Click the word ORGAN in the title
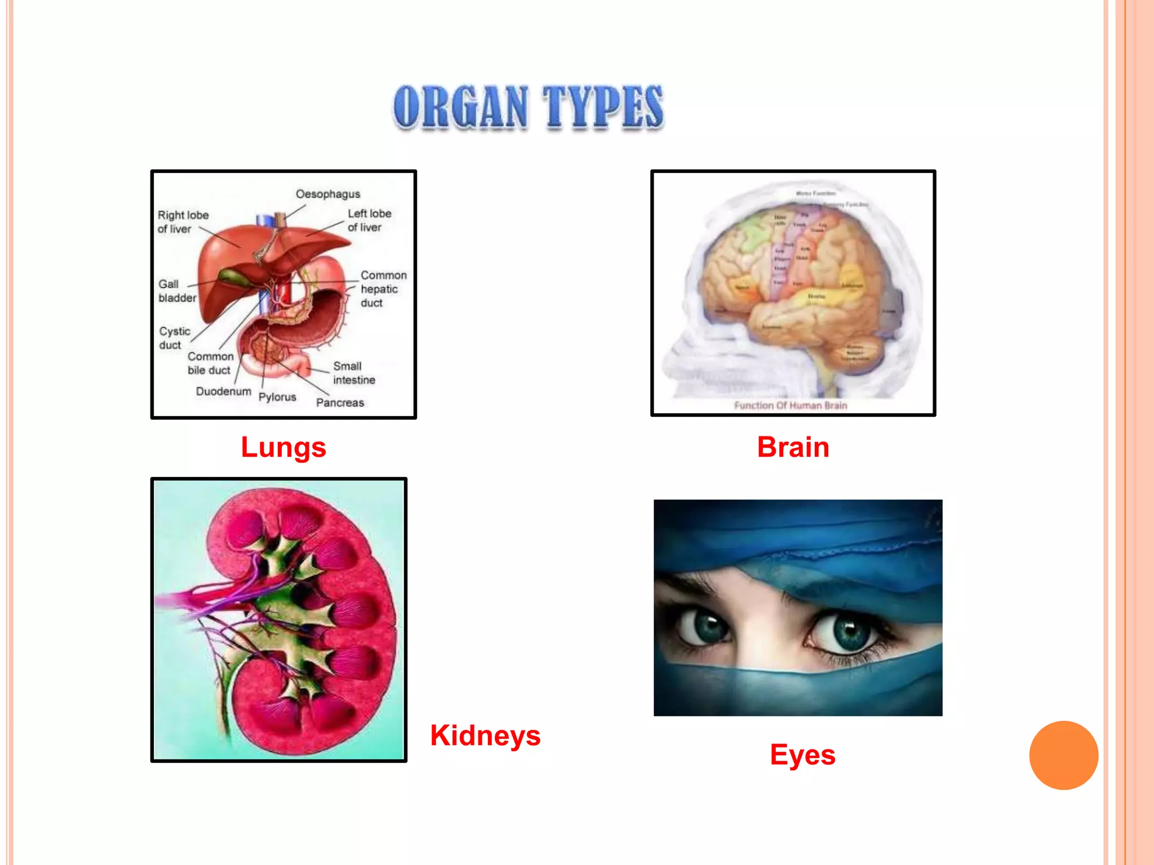pos(461,107)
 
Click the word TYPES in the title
pos(603,107)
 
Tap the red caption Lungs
pos(283,448)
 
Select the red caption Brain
pos(793,448)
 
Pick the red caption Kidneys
pos(485,735)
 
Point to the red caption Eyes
pos(802,755)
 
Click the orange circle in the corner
pos(1063,755)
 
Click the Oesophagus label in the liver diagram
pos(328,194)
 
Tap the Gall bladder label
pos(177,291)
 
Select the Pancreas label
pos(340,403)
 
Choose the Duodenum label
pos(223,391)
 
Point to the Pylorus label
pos(277,397)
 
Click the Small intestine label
pos(354,373)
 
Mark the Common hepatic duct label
pos(383,289)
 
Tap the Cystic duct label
pos(174,338)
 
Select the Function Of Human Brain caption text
pos(791,405)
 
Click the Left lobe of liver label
pos(369,220)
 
